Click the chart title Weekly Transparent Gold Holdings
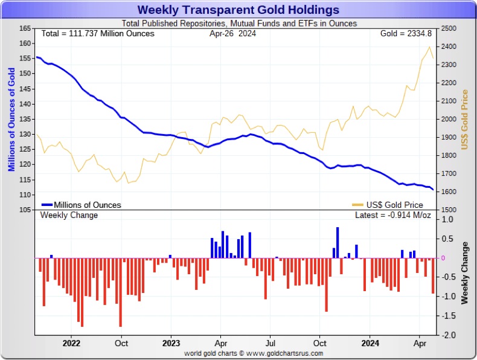click(238, 10)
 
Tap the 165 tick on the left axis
click(25, 28)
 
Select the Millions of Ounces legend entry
click(87, 205)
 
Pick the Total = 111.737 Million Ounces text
click(98, 33)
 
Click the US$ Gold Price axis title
click(464, 120)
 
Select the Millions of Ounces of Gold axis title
click(11, 120)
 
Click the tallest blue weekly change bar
click(338, 242)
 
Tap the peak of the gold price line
click(429, 47)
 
